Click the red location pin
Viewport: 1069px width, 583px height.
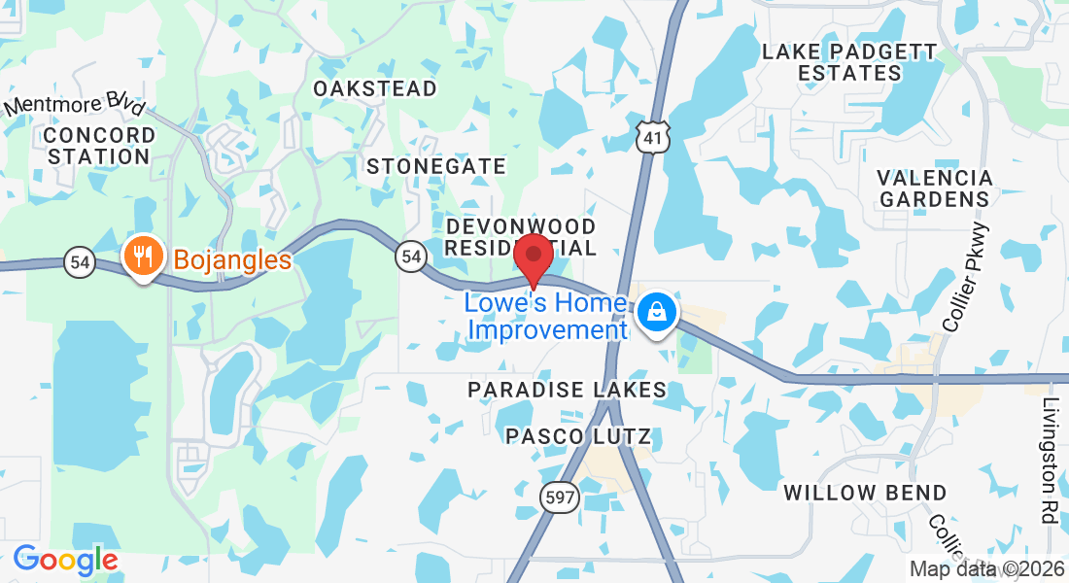coord(533,257)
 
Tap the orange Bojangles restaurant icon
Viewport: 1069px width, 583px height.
coord(144,257)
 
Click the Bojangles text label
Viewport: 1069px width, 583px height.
coord(232,260)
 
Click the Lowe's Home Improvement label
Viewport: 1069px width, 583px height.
coord(546,317)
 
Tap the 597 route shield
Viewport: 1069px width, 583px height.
coord(562,498)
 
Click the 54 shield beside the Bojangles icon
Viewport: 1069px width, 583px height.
coord(80,261)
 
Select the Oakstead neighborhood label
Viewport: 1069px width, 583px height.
coord(375,88)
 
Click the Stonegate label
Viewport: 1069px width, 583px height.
coord(436,166)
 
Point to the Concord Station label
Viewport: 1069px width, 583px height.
coord(99,145)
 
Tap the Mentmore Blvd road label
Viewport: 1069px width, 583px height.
coord(75,106)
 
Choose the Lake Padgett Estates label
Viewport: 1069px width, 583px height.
coord(849,62)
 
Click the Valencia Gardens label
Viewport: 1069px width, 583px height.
coord(934,189)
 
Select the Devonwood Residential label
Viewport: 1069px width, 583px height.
coord(520,237)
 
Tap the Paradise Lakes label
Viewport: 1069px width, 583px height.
coord(568,390)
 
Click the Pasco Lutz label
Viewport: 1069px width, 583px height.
coord(578,436)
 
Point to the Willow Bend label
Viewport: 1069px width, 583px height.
coord(865,493)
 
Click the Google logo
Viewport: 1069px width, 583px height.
coord(65,560)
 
